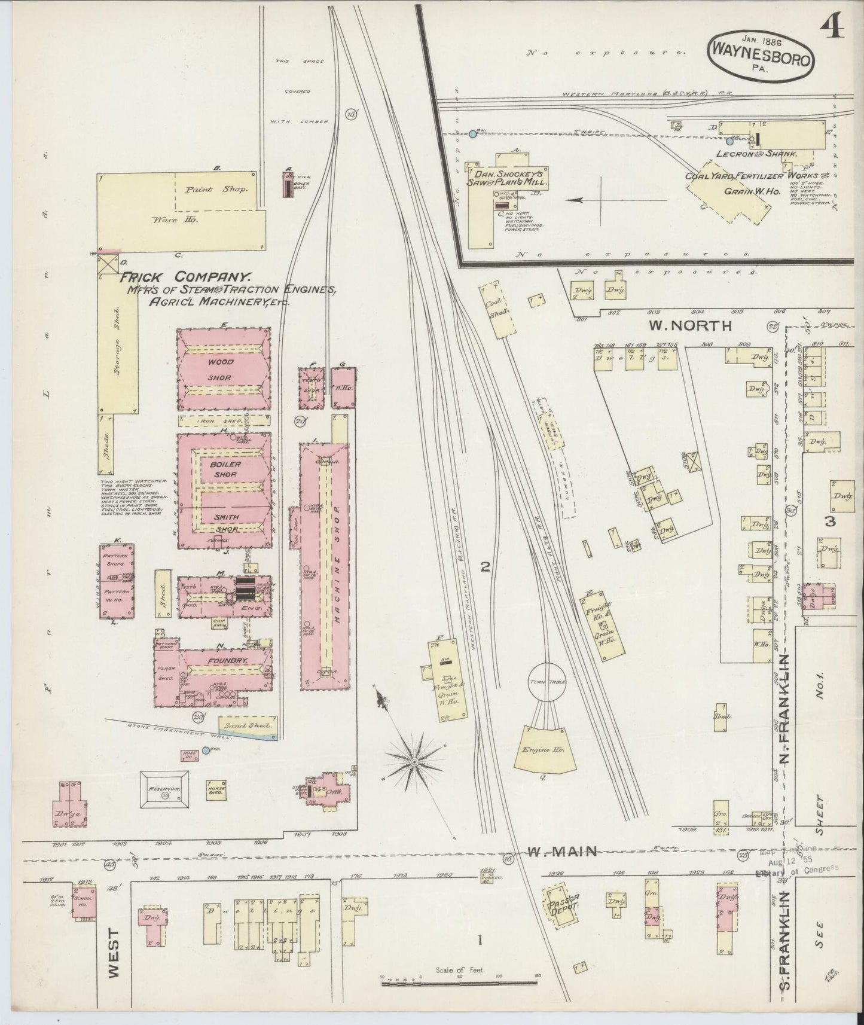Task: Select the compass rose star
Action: [x=414, y=763]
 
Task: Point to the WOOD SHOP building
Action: [x=223, y=370]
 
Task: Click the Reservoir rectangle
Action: [x=164, y=789]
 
